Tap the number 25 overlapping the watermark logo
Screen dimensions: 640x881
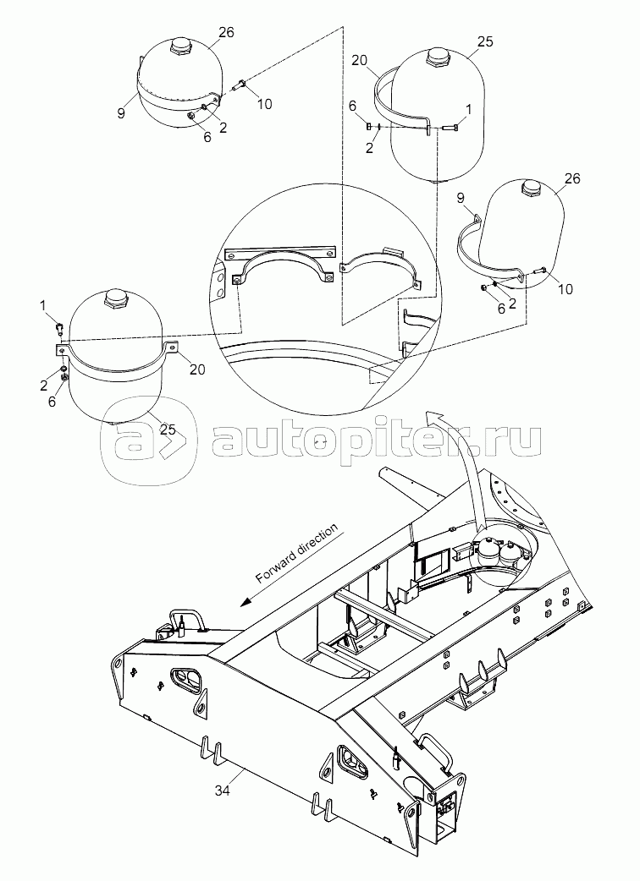(x=167, y=430)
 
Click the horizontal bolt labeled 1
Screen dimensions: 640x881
(x=450, y=128)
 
